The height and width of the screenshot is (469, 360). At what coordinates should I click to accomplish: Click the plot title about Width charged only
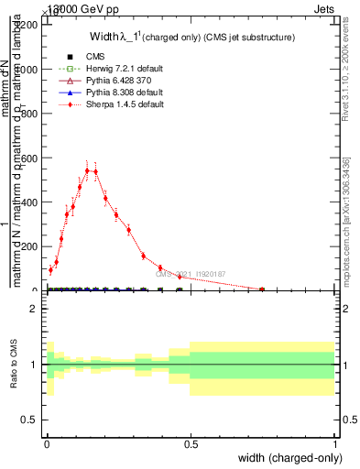[180, 38]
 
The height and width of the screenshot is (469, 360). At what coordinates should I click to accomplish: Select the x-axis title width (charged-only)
[289, 458]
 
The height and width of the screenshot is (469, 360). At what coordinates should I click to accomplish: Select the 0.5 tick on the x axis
[191, 443]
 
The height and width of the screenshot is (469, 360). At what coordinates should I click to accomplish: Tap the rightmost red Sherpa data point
[262, 289]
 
